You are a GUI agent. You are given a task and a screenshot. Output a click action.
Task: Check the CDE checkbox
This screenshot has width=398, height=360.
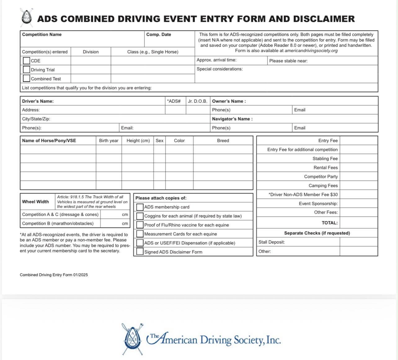pos(26,61)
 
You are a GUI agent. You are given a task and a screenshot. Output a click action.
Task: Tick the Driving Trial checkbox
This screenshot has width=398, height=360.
pos(26,70)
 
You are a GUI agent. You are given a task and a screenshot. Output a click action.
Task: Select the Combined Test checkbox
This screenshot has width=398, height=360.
pos(26,79)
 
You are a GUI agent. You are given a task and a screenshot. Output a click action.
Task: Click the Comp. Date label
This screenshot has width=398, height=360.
pos(158,34)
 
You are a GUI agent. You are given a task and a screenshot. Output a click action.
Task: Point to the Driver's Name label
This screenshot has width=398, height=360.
pos(38,101)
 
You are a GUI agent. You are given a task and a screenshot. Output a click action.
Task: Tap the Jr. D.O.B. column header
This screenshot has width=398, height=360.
pos(197,101)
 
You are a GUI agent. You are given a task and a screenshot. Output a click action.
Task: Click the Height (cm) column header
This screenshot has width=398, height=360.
pos(138,141)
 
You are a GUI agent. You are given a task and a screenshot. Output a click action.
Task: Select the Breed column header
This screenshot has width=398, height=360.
pos(223,141)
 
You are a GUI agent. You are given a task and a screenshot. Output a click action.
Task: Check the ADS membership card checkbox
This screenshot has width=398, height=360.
pos(140,207)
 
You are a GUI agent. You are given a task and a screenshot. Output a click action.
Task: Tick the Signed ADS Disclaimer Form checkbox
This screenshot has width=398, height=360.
pos(140,252)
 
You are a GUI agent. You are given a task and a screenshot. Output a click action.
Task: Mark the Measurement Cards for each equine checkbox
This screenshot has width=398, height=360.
pos(140,234)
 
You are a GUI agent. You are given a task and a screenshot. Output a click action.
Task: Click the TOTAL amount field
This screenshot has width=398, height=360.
pos(359,223)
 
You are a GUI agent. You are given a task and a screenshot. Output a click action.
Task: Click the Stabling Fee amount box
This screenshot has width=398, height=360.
pos(359,159)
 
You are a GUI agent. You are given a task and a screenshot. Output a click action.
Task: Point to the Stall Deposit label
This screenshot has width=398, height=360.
pos(272,242)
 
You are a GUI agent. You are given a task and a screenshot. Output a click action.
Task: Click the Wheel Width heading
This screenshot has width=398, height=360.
pos(35,202)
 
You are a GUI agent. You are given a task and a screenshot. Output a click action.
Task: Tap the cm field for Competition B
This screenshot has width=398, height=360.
pos(115,223)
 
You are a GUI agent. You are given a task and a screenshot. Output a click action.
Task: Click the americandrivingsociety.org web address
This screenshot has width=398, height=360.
pos(311,51)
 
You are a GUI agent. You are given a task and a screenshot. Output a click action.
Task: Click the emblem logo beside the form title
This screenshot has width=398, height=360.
pos(27,17)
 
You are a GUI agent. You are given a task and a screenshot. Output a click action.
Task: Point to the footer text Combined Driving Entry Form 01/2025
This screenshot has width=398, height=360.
pos(54,275)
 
